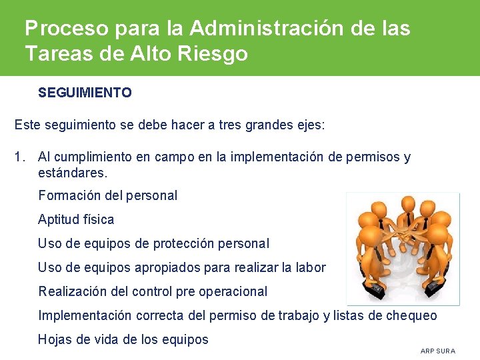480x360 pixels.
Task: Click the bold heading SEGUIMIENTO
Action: (x=85, y=93)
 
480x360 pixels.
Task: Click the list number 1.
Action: (x=20, y=157)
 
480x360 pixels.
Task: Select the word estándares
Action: (x=72, y=173)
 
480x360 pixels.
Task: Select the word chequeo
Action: (x=411, y=315)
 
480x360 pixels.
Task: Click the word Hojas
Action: (x=55, y=339)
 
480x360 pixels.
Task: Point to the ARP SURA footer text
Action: (x=437, y=351)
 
